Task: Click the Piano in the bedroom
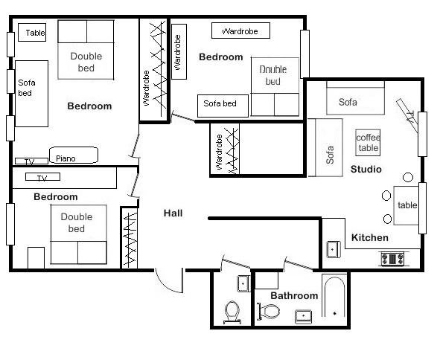pyautogui.click(x=74, y=155)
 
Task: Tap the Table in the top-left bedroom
pyautogui.click(x=32, y=33)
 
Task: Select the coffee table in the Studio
pyautogui.click(x=368, y=142)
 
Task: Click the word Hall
pyautogui.click(x=173, y=213)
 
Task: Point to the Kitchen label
pyautogui.click(x=370, y=238)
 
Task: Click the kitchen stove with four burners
pyautogui.click(x=392, y=259)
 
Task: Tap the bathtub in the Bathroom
pyautogui.click(x=334, y=297)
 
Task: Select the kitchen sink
pyautogui.click(x=334, y=249)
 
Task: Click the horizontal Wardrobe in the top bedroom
pyautogui.click(x=240, y=30)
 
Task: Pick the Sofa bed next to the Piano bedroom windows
pyautogui.click(x=31, y=94)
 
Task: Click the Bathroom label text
pyautogui.click(x=294, y=295)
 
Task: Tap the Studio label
pyautogui.click(x=366, y=169)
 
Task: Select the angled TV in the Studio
pyautogui.click(x=407, y=115)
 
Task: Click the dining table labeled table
pyautogui.click(x=406, y=205)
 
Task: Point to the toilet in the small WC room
pyautogui.click(x=232, y=312)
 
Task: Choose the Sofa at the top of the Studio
pyautogui.click(x=355, y=98)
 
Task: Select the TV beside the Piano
pyautogui.click(x=31, y=161)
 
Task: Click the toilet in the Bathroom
pyautogui.click(x=269, y=311)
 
